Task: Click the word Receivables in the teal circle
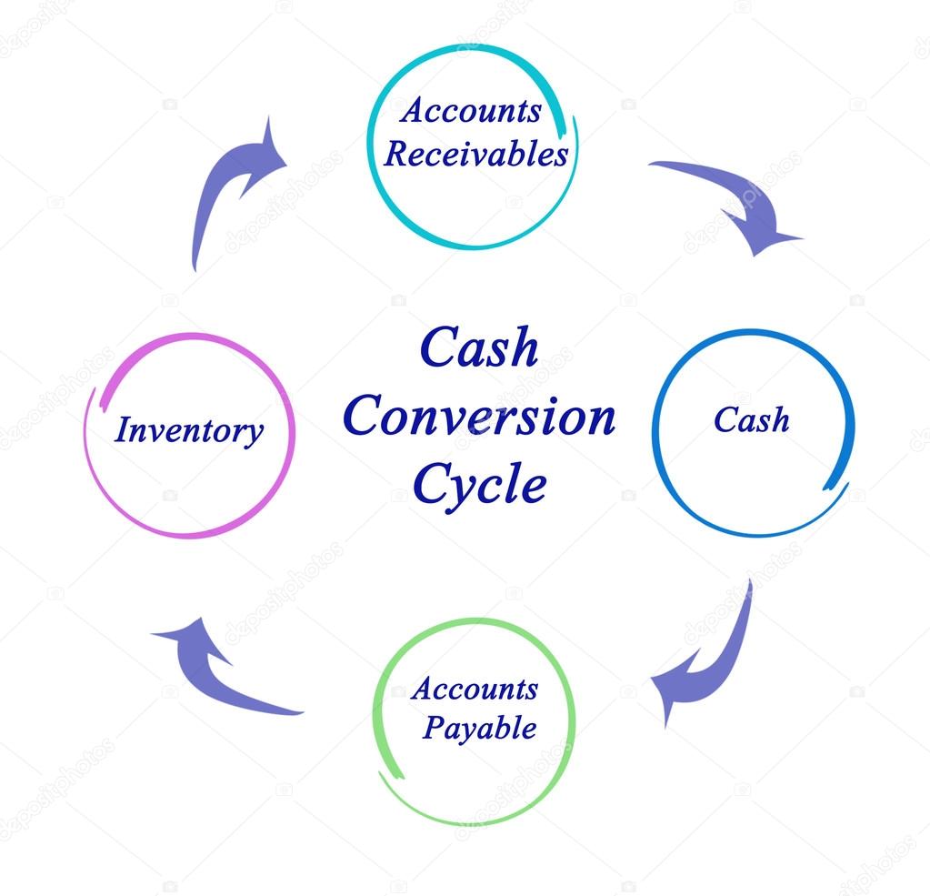coord(475,154)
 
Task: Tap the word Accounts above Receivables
coord(470,111)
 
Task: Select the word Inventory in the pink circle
coord(189,430)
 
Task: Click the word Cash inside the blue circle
coord(751,420)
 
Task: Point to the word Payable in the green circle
coord(479,728)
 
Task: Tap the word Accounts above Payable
coord(475,689)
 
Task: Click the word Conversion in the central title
coord(479,417)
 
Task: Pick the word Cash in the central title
coord(479,348)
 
